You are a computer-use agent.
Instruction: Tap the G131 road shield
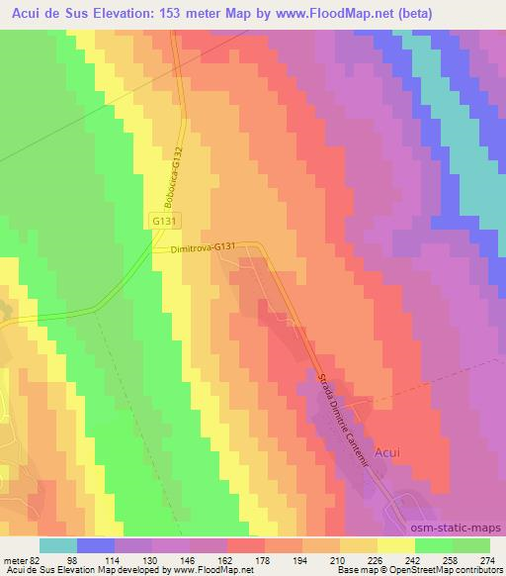pyautogui.click(x=165, y=224)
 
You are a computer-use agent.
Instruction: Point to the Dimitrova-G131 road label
pyautogui.click(x=203, y=250)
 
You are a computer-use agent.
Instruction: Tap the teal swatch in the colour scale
pyautogui.click(x=58, y=545)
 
